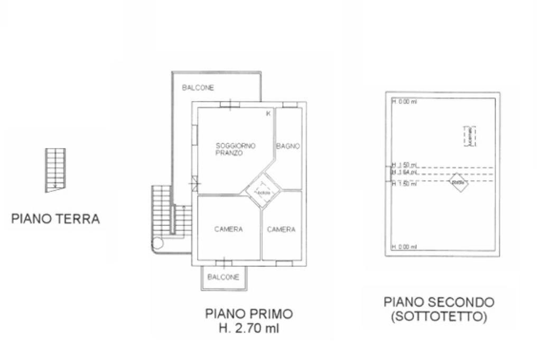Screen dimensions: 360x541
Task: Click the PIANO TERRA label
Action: click(55, 219)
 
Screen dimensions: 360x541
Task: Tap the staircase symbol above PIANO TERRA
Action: click(55, 169)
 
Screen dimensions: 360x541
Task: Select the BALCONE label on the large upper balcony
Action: click(198, 88)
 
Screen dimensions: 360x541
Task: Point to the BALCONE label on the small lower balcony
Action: click(223, 277)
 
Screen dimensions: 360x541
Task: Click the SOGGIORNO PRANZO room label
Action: click(235, 149)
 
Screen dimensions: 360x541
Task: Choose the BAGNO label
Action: click(288, 146)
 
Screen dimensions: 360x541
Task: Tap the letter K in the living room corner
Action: click(268, 114)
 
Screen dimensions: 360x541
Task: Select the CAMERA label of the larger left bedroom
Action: click(229, 229)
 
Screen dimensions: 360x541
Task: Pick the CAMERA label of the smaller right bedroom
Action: click(281, 229)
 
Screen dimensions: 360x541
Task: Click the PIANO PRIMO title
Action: click(249, 314)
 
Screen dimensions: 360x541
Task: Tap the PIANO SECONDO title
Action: click(439, 302)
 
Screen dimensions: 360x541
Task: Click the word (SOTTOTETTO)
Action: click(439, 317)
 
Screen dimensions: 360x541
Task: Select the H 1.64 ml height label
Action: click(405, 172)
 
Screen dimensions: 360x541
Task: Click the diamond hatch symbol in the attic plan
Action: click(459, 182)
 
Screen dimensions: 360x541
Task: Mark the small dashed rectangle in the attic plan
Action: click(469, 136)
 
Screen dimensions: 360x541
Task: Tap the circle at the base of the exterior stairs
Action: click(157, 244)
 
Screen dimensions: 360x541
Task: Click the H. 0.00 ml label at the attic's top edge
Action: click(404, 101)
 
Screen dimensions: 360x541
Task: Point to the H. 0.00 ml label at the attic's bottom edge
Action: click(404, 247)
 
